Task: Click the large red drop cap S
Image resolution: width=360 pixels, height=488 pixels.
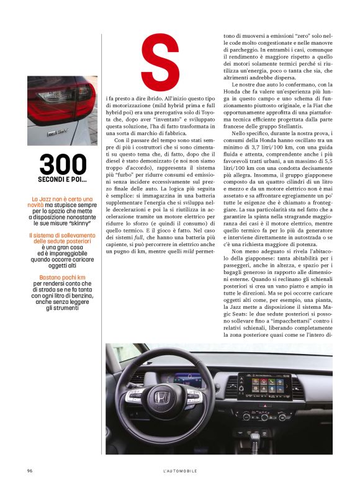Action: tap(160, 61)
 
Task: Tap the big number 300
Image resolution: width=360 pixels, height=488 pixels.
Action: tap(63, 164)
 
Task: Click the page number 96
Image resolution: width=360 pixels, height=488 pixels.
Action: tap(30, 471)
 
